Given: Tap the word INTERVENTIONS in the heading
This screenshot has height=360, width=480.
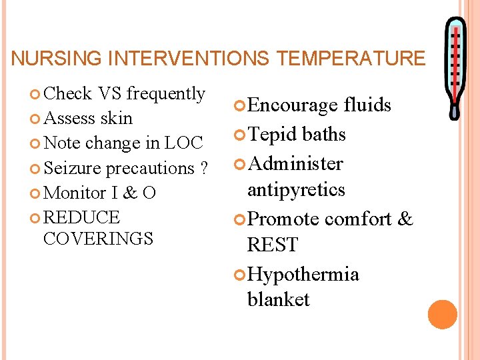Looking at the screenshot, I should pos(189,59).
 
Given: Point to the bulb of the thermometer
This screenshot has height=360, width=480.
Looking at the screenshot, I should pos(455,111).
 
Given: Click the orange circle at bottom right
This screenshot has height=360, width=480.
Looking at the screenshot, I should pos(443,315).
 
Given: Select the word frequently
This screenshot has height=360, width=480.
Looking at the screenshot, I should pos(165,94).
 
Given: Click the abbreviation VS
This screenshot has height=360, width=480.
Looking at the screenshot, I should pos(109,94).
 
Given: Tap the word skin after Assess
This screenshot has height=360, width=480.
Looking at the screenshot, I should pos(116,119).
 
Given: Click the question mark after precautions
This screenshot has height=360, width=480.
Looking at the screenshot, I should pos(203,168).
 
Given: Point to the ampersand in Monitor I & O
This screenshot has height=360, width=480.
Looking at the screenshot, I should pos(131,193).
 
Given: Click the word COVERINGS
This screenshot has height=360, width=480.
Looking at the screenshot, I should pos(98,238).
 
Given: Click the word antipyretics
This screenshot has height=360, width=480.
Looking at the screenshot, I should pos(296,190).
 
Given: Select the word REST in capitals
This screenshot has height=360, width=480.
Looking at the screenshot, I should pos(272,245).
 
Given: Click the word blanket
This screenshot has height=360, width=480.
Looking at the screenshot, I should pos(278,300).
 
